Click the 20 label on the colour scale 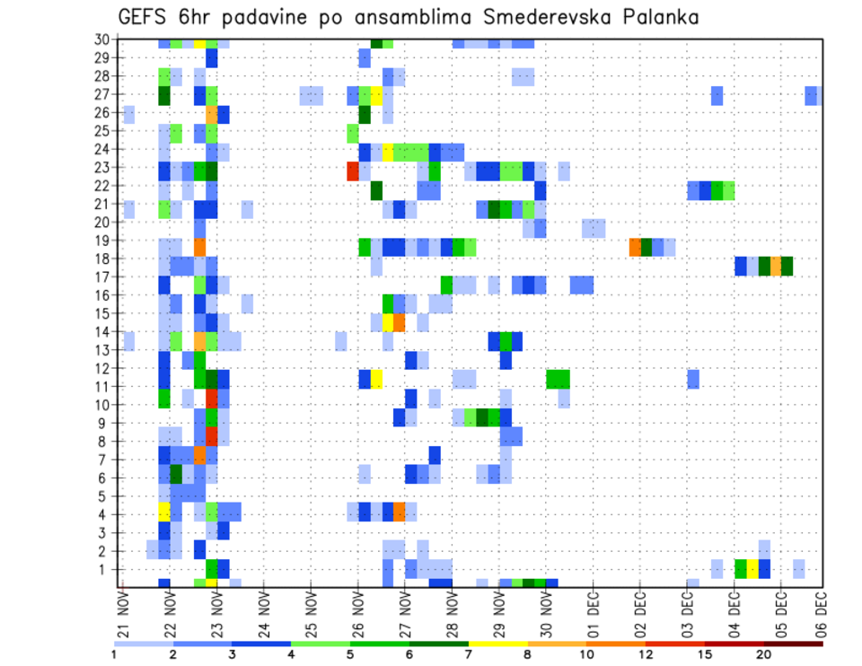[x=764, y=654]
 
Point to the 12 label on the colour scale [x=645, y=654]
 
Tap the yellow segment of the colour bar [x=497, y=643]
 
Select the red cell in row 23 [x=353, y=169]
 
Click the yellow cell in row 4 [x=164, y=511]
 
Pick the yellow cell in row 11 [x=377, y=379]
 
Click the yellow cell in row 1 [x=752, y=568]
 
